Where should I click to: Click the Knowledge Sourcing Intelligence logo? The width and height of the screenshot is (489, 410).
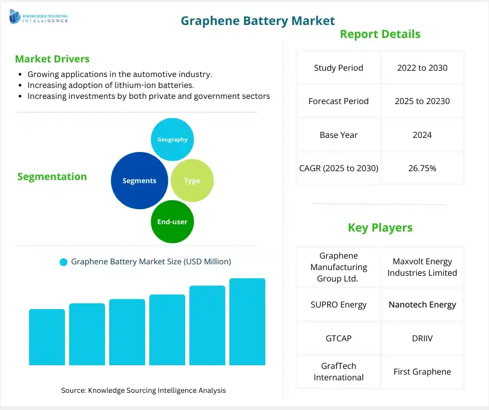38,18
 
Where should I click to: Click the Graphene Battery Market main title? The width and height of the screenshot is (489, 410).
258,20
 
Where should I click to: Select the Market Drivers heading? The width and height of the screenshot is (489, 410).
52,59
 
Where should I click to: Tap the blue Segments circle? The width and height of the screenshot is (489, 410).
139,181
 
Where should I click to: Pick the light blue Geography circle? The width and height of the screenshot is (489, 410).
172,139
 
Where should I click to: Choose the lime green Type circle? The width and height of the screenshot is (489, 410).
192,181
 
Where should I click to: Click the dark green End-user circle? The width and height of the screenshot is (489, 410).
172,222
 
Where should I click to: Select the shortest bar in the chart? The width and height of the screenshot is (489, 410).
47,337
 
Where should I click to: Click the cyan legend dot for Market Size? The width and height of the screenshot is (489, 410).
63,262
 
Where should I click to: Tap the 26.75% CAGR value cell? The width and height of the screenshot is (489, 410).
422,168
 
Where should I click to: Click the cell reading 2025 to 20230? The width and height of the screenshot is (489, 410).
422,101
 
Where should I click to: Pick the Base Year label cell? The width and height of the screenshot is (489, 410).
339,135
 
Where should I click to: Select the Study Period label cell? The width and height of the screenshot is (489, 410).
339,68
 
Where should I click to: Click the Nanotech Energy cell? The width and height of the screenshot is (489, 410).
422,304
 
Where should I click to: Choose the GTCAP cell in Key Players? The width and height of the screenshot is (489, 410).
339,338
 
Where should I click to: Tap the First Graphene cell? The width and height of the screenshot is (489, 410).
422,371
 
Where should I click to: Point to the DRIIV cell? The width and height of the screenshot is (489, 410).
422,338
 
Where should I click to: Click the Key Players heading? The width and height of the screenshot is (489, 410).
380,227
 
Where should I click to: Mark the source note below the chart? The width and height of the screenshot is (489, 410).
143,390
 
